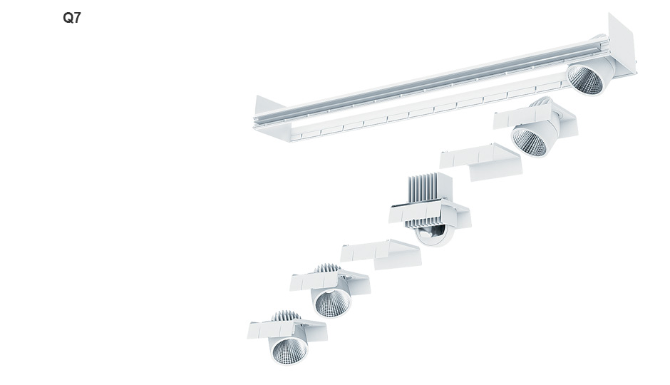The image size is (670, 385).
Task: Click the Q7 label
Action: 72,18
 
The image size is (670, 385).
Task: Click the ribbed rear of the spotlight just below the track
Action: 542,103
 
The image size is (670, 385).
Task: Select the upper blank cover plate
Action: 481,162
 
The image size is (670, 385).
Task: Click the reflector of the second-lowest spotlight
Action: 332,302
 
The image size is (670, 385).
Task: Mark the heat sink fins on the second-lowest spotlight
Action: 328,268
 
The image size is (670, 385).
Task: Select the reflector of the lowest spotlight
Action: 289,350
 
